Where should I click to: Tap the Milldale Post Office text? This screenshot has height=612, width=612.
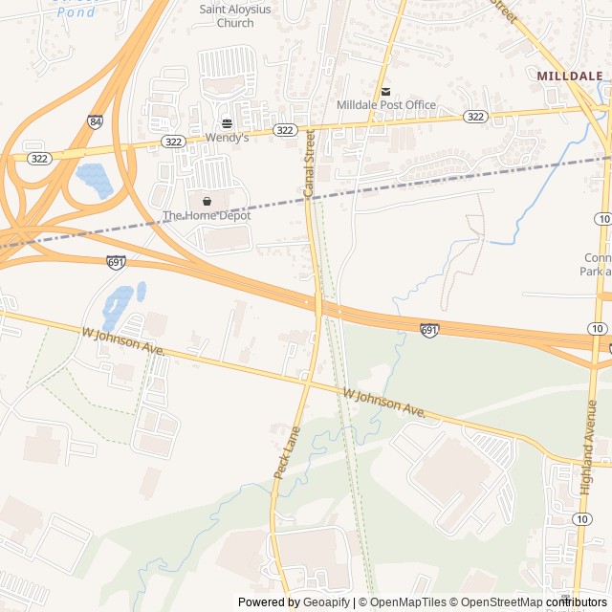386,105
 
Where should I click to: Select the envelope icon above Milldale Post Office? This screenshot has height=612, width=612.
385,92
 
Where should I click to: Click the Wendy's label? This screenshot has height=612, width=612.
227,138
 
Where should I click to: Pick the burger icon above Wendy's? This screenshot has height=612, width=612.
227,124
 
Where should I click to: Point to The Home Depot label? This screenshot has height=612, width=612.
207,215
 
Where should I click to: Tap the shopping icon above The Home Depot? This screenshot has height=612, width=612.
207,202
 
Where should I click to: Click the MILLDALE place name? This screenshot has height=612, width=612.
570,75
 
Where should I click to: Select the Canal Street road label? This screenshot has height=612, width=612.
309,164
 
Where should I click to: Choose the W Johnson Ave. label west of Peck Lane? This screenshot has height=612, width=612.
123,342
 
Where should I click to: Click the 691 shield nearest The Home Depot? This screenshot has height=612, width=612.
116,260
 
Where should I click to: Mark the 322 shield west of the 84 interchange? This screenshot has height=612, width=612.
39,158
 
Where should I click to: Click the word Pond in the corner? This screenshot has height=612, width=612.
76,11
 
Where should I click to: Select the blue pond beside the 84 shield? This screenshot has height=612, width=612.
94,179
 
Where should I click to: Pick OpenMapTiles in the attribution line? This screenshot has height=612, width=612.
408,601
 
